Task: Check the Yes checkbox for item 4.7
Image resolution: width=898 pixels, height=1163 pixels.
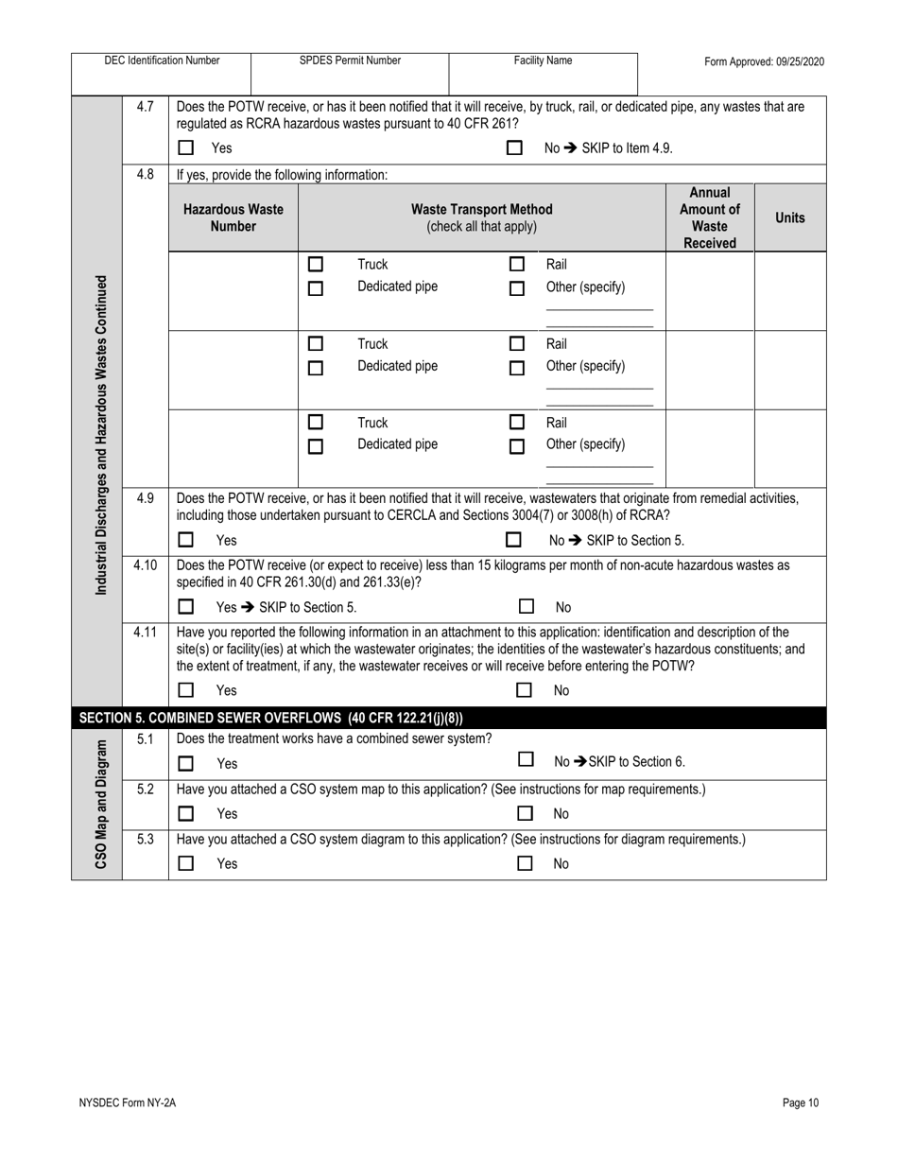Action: click(186, 148)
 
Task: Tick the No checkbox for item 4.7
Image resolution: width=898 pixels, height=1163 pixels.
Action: click(514, 148)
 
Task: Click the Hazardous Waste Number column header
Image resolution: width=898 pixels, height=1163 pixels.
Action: click(233, 217)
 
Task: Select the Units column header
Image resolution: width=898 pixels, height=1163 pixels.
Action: click(789, 217)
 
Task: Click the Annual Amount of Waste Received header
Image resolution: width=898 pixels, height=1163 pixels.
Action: click(709, 217)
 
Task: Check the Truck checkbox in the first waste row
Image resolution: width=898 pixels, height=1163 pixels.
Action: click(316, 265)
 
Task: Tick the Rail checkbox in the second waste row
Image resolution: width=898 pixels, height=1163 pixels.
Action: click(516, 344)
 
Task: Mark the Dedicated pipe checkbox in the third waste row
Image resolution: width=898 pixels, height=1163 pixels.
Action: click(316, 447)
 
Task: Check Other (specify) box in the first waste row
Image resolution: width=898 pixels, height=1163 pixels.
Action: click(516, 289)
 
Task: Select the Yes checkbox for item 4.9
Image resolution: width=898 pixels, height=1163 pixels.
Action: click(186, 540)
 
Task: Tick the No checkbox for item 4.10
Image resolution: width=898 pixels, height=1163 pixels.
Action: click(527, 607)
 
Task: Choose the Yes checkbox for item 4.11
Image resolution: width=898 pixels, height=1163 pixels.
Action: click(186, 690)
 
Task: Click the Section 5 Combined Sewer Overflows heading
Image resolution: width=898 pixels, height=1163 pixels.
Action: click(271, 718)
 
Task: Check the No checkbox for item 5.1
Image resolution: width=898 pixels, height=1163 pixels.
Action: click(526, 760)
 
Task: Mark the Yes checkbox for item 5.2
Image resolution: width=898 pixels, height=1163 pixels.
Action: click(186, 813)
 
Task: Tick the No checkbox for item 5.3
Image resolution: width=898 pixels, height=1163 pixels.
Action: click(526, 862)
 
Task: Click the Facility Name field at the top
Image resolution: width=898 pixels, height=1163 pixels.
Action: click(543, 73)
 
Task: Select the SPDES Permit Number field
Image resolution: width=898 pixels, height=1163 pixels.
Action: click(350, 73)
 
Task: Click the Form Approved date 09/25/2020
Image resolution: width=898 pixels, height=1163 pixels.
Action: click(764, 61)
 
